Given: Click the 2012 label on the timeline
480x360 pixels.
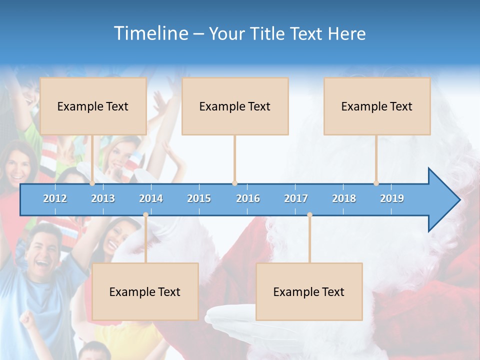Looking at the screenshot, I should click(55, 198).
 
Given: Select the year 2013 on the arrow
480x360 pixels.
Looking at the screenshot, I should click(103, 198).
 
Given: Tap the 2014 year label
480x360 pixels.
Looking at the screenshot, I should click(151, 198).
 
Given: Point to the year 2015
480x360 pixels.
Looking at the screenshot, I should click(199, 198).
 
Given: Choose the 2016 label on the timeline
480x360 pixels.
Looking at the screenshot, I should click(248, 198).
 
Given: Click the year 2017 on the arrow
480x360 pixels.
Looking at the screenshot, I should click(296, 198).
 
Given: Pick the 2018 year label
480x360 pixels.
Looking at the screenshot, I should click(344, 198).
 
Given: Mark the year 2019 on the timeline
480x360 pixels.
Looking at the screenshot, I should click(392, 198).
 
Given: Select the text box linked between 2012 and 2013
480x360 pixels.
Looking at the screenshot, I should click(93, 106).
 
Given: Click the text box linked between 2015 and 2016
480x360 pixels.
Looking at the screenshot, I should click(235, 106).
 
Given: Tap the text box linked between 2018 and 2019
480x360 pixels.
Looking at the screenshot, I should click(377, 106).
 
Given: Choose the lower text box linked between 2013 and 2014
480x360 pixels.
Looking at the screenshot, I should click(145, 291).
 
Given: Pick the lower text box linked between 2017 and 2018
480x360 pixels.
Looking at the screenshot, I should click(309, 291).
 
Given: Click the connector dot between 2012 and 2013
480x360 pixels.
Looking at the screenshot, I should click(92, 183).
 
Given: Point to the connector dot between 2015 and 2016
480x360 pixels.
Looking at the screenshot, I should click(234, 183).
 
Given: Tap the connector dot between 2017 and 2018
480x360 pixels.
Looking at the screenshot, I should click(309, 215).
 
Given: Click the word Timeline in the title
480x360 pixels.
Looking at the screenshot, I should click(150, 33).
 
